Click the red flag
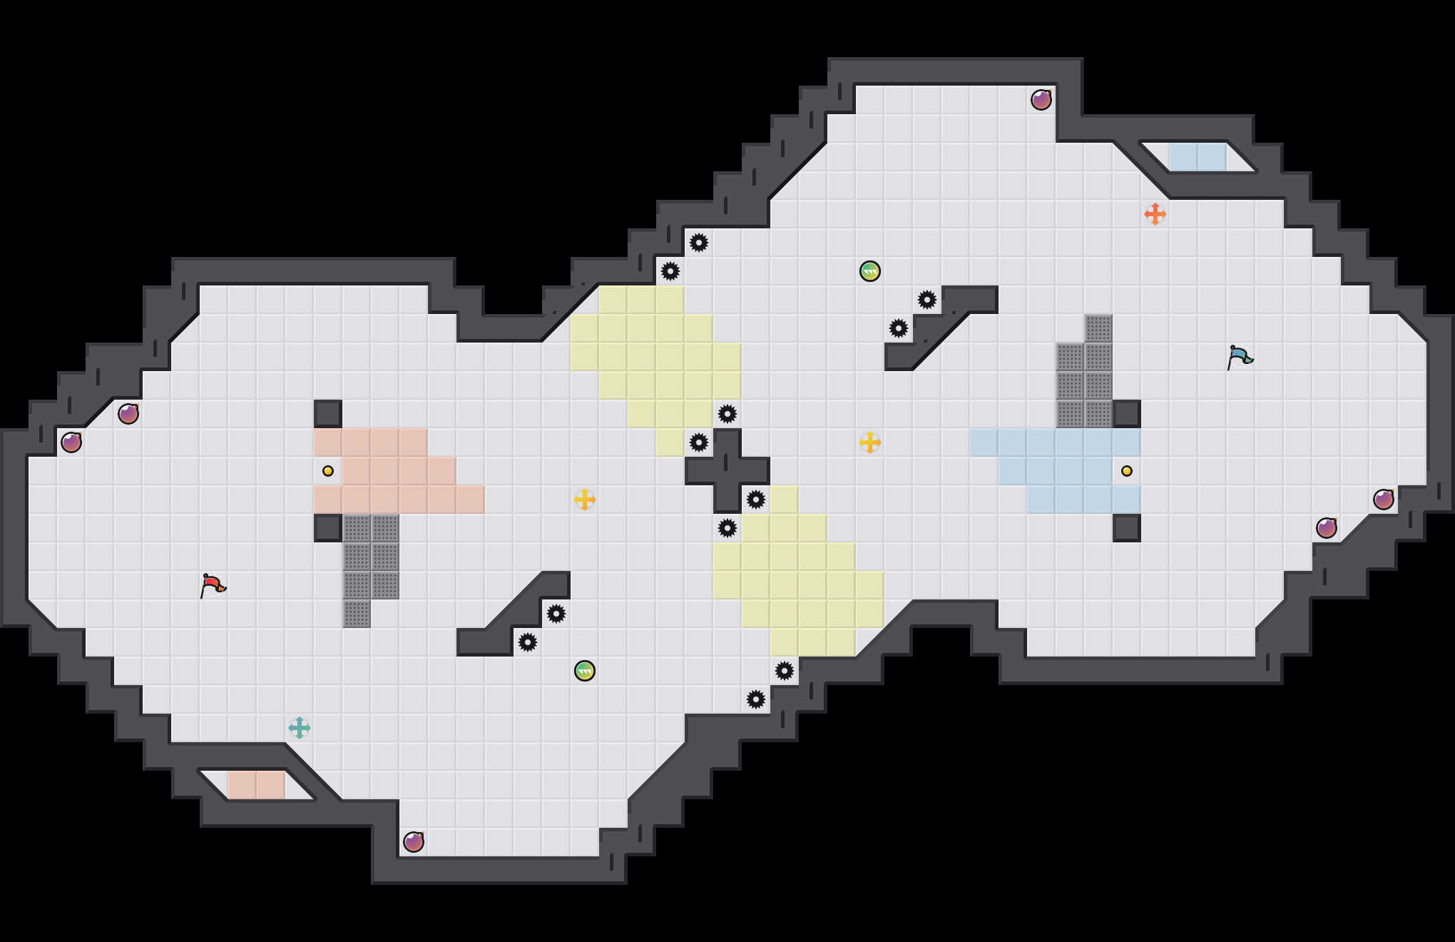[x=213, y=586]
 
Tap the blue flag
[x=1240, y=357]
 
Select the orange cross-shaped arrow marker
[x=1155, y=214]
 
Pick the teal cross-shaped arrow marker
[x=300, y=728]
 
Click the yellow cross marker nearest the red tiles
[x=585, y=500]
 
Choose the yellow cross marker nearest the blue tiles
[x=870, y=442]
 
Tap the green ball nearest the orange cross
[x=870, y=271]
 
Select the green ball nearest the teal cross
[x=585, y=671]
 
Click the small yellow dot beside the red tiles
[x=328, y=471]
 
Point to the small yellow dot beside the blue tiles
[x=1127, y=471]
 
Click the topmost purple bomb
[x=1041, y=100]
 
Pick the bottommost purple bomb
[x=414, y=842]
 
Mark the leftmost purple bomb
[x=71, y=442]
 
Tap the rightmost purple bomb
[x=1384, y=500]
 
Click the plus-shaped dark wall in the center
[x=727, y=471]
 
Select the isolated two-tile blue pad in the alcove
[x=1198, y=157]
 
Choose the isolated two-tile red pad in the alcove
[x=257, y=785]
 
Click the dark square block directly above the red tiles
[x=328, y=414]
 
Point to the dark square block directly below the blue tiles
[x=1127, y=528]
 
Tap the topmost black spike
[x=699, y=243]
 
